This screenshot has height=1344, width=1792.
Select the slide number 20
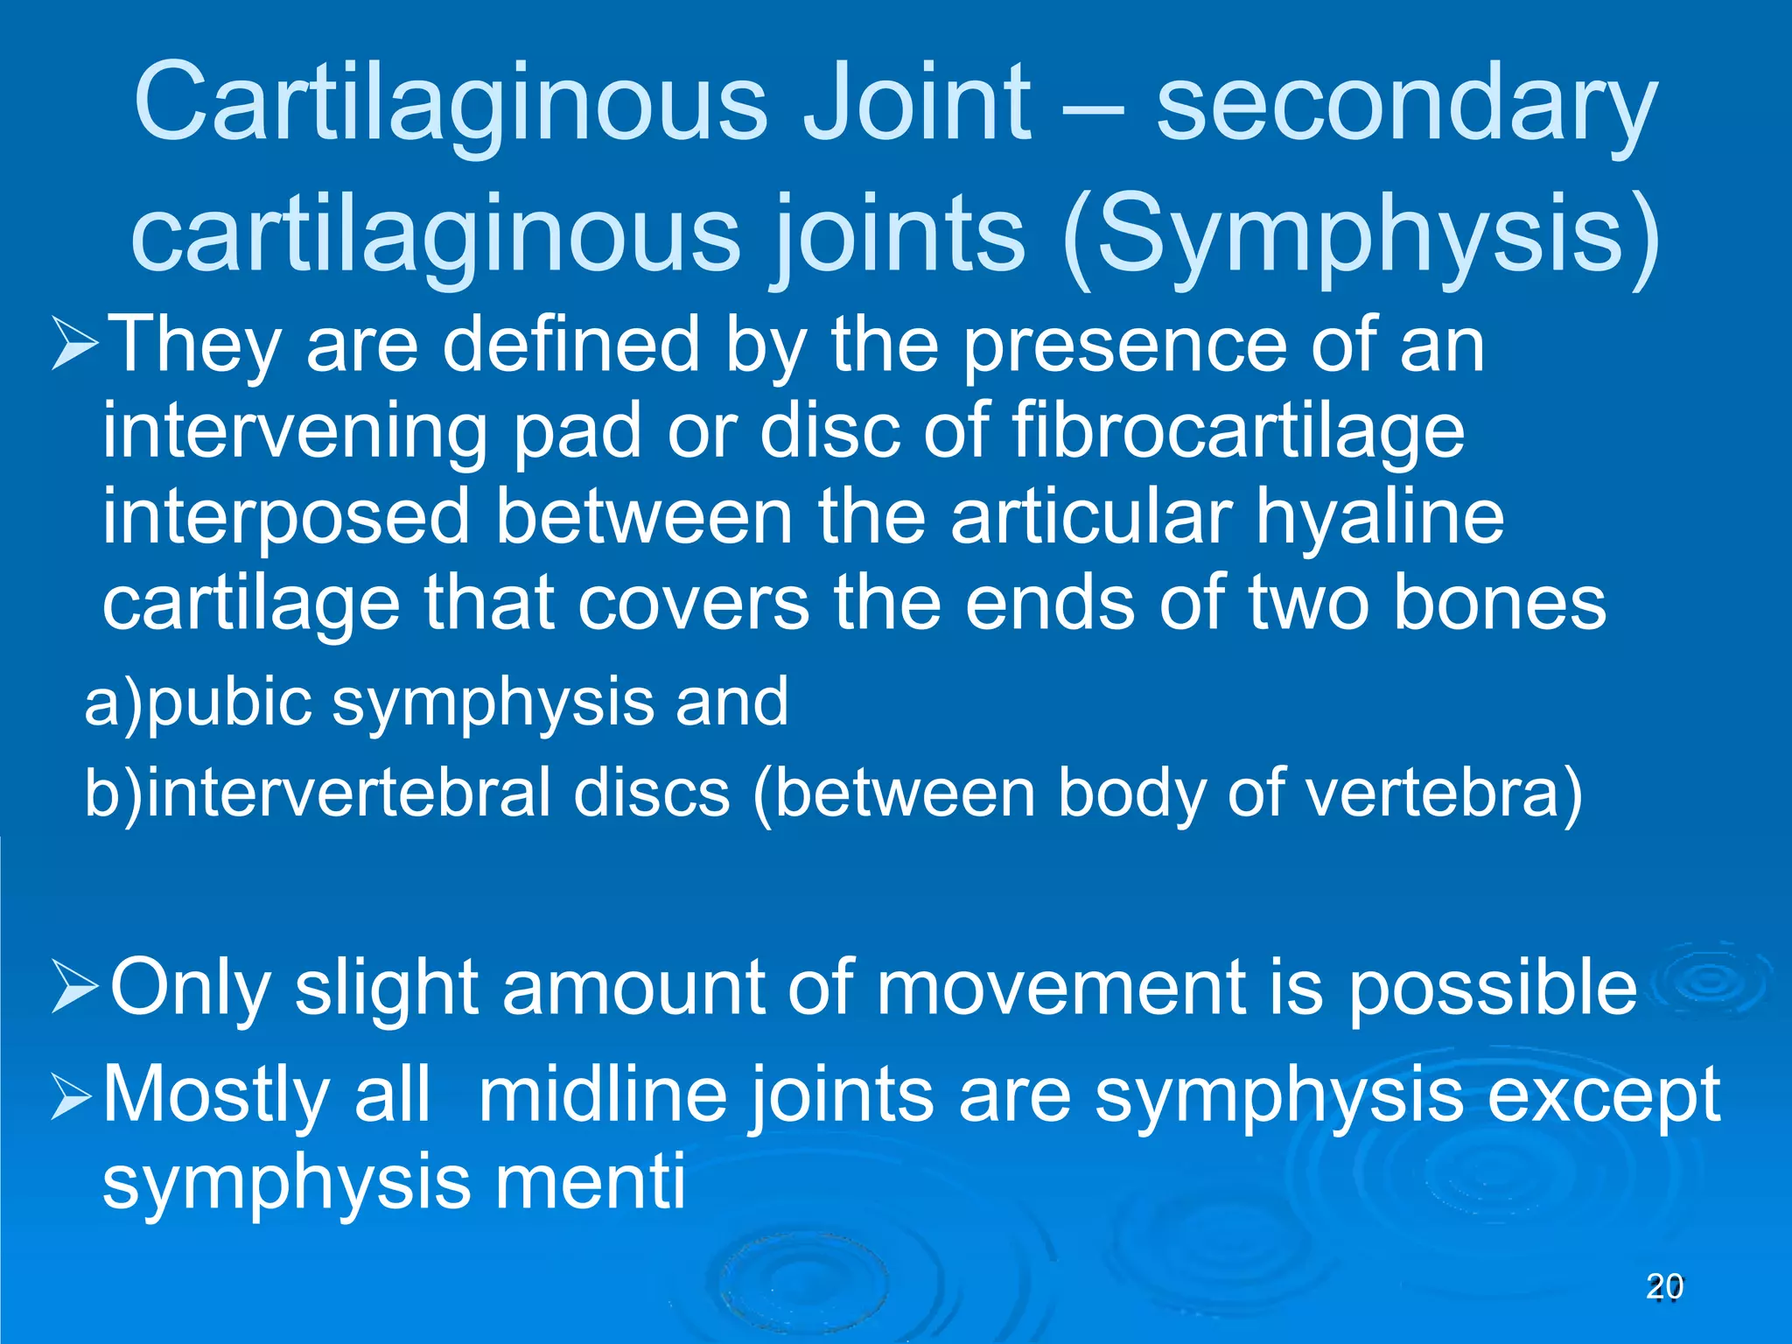[x=1664, y=1287]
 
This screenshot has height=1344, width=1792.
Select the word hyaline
[x=1380, y=518]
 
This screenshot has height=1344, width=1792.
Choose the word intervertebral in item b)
[x=350, y=793]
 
